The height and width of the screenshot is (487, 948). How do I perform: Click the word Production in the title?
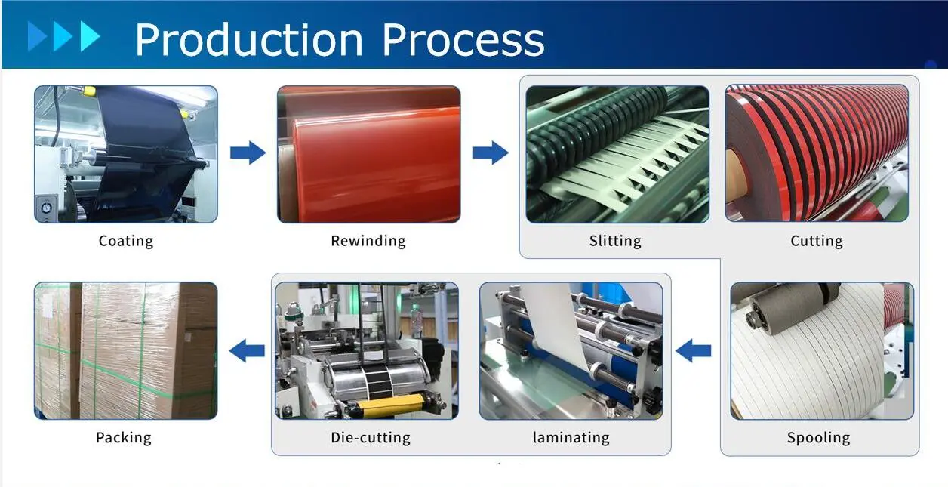point(249,39)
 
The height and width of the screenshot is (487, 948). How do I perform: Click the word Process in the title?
point(463,39)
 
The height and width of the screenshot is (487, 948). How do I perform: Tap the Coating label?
point(126,241)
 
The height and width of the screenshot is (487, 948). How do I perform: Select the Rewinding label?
point(368,241)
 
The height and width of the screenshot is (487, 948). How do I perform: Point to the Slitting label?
point(615,241)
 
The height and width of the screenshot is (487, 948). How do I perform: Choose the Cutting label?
point(817,241)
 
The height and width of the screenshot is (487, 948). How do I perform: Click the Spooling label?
point(818,437)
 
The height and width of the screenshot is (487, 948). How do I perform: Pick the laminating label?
point(571,437)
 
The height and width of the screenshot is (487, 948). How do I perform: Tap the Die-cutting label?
point(371,437)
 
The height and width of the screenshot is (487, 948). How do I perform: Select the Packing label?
point(124,437)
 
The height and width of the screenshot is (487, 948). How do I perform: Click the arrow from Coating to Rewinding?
point(248,153)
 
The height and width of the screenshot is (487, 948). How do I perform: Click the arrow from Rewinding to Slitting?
point(491,153)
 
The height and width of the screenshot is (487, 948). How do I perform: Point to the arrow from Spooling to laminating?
point(693,350)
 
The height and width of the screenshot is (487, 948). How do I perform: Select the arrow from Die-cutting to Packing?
point(247,350)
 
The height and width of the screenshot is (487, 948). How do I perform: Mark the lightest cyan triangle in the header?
point(90,37)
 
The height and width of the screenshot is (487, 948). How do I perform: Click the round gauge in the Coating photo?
point(46,208)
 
